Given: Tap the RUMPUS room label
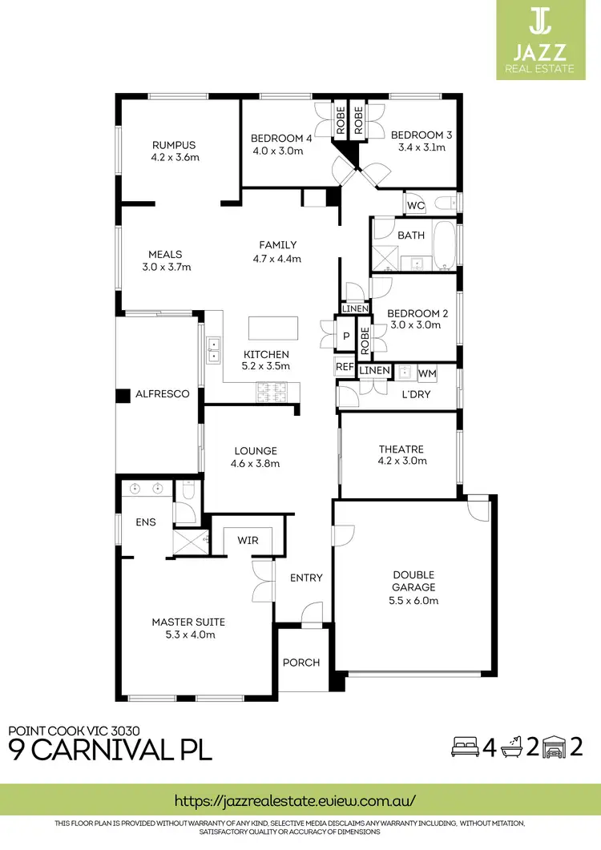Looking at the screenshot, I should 174,145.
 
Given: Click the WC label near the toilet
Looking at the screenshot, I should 415,206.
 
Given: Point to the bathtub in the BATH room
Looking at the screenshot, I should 442,244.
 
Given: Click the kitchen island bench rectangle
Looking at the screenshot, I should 272,328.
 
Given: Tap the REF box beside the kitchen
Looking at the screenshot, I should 345,367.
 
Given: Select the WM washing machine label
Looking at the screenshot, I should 427,373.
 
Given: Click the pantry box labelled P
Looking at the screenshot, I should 346,337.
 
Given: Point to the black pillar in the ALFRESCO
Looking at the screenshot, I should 123,395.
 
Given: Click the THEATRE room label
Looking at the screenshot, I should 401,449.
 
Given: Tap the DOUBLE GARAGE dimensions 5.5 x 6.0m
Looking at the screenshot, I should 413,600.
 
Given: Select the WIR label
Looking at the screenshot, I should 248,541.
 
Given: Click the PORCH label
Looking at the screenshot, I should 301,663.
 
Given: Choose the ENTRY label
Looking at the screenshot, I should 305,578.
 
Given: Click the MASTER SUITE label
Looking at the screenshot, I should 188,622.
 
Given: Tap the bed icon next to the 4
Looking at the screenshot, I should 462,748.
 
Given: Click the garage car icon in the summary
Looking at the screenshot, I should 552,748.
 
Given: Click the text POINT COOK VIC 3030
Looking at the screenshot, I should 75,730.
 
